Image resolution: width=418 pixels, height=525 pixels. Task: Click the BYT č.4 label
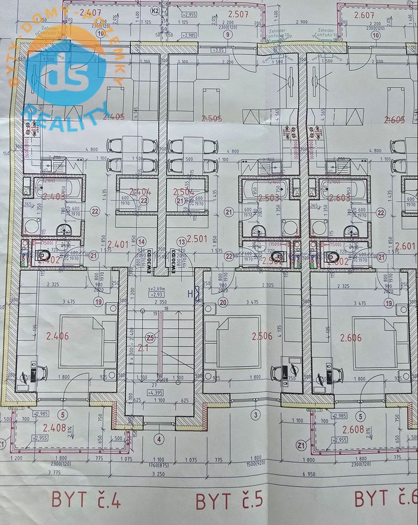coord(86,500)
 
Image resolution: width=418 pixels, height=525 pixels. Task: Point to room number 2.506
coord(262,336)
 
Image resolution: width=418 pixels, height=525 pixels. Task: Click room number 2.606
coord(351,338)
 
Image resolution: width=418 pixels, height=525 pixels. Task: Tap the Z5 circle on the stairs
coord(150,337)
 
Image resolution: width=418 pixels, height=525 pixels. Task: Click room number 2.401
coord(118,244)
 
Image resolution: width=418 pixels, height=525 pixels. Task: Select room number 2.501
coord(197,239)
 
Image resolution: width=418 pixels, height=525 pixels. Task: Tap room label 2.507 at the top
coord(239,14)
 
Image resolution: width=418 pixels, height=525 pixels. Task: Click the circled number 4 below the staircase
coord(159,439)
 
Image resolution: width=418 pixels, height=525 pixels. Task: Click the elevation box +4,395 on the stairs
coord(158,392)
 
